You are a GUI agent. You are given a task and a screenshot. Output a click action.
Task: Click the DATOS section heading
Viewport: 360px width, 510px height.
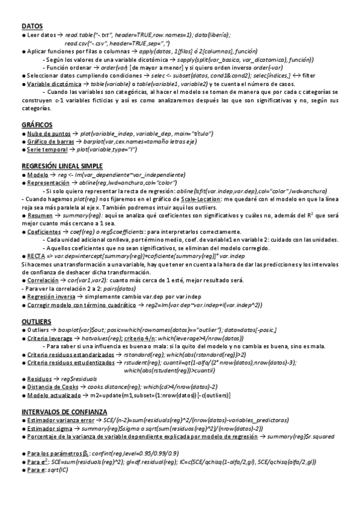point(32,26)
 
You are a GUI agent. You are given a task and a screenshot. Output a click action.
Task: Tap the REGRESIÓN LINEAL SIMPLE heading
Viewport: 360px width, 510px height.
point(61,165)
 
